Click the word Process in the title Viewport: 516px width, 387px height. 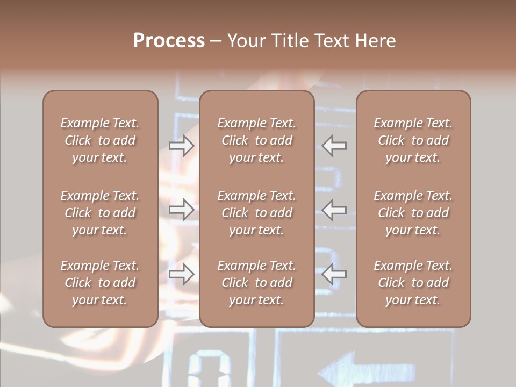coord(169,41)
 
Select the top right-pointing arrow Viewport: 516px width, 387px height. coord(181,146)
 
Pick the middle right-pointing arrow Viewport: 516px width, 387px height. coord(181,209)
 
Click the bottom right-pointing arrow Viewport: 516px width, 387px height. coord(181,274)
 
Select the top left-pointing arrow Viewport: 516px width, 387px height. coord(334,146)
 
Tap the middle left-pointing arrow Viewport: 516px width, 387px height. coord(334,209)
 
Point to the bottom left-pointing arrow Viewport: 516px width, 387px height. coord(334,274)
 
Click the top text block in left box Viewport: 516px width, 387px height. coord(100,140)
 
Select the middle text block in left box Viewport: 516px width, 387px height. coord(100,213)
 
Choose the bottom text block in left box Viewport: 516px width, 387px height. coord(100,283)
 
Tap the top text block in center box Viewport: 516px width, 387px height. coord(257,140)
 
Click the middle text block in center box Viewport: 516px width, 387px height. coord(257,213)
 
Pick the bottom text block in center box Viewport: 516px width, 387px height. coord(257,283)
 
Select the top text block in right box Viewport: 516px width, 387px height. coord(413,140)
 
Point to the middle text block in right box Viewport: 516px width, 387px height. coord(413,213)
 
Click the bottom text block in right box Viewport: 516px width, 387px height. coord(413,283)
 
